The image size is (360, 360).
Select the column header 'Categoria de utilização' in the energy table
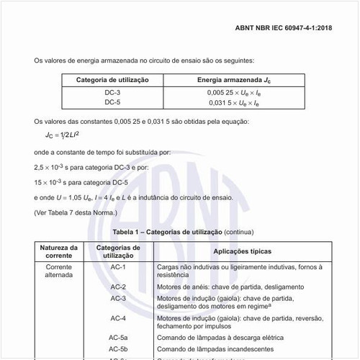112,79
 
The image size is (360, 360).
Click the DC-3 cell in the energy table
112,93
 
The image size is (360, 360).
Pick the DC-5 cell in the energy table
112,102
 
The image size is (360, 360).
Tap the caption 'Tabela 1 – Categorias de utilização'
168,233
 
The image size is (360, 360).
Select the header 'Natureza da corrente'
59,251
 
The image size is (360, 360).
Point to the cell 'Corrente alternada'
59,271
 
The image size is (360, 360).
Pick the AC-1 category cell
118,267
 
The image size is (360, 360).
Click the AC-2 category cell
118,287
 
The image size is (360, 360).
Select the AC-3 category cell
118,298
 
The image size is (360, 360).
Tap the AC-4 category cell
118,318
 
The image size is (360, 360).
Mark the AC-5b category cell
118,348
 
